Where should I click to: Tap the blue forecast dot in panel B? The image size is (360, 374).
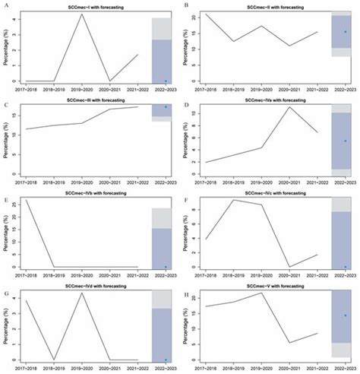click(x=346, y=32)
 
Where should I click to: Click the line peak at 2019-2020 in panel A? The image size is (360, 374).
click(x=81, y=14)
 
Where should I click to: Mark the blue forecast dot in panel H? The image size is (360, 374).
click(x=346, y=315)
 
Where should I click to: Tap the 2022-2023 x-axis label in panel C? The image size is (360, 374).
click(x=165, y=179)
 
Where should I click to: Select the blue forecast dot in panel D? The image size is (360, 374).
click(x=346, y=141)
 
